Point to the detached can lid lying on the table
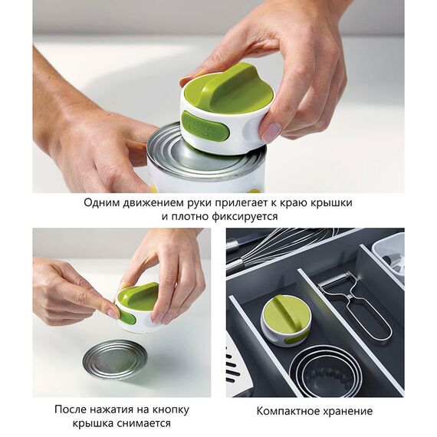click(x=114, y=358)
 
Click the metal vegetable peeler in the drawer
click(x=357, y=307)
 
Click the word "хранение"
click(x=347, y=412)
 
